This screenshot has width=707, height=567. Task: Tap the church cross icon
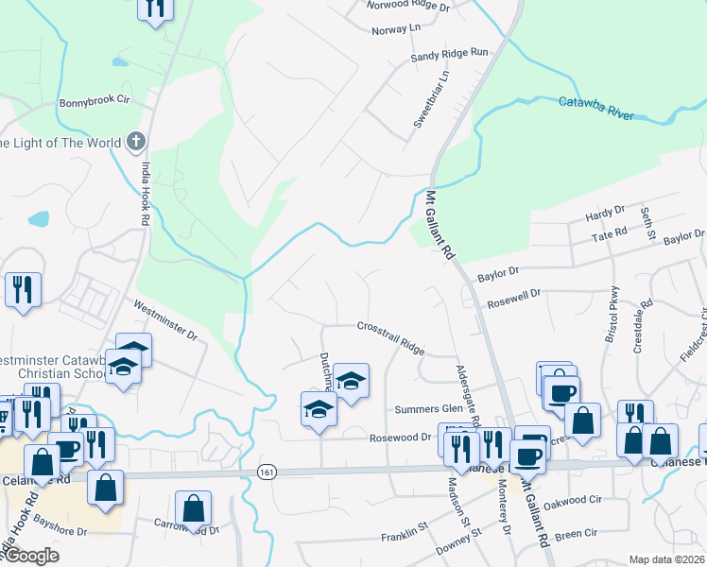pos(136,143)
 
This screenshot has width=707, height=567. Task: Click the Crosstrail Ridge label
pos(391,338)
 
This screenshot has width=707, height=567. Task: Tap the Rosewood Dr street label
pos(400,438)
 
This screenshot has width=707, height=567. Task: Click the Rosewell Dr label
pos(513,304)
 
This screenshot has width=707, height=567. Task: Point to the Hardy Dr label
pos(605,214)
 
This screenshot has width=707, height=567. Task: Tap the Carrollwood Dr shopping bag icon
pos(193,507)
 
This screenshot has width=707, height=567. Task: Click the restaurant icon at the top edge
pos(155,9)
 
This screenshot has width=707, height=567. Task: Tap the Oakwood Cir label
pos(595,499)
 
